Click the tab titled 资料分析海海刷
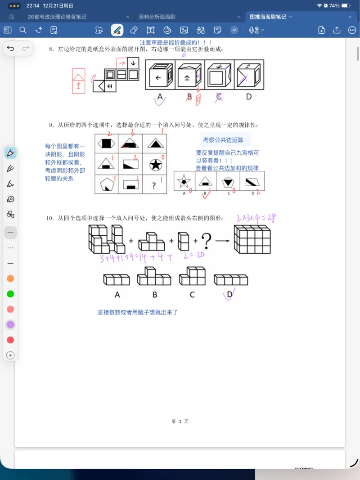pos(157,17)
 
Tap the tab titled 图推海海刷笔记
pos(268,17)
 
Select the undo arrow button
pos(11,49)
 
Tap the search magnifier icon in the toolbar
pos(23,30)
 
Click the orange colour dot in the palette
pos(10,279)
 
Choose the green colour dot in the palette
pos(10,294)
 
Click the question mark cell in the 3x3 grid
pos(155,184)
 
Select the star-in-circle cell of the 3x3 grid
pos(155,164)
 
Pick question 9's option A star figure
pos(184,182)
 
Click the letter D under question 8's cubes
pos(248,96)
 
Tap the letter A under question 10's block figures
pos(117,295)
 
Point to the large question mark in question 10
pos(206,241)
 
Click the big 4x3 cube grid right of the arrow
pos(252,239)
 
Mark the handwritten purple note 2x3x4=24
pos(256,219)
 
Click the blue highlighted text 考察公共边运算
pos(223,140)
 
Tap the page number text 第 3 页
pos(180,422)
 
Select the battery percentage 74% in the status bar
pos(334,6)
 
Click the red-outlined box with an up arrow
pos(78,81)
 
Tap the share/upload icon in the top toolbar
pos(337,30)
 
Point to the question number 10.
pos(50,218)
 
